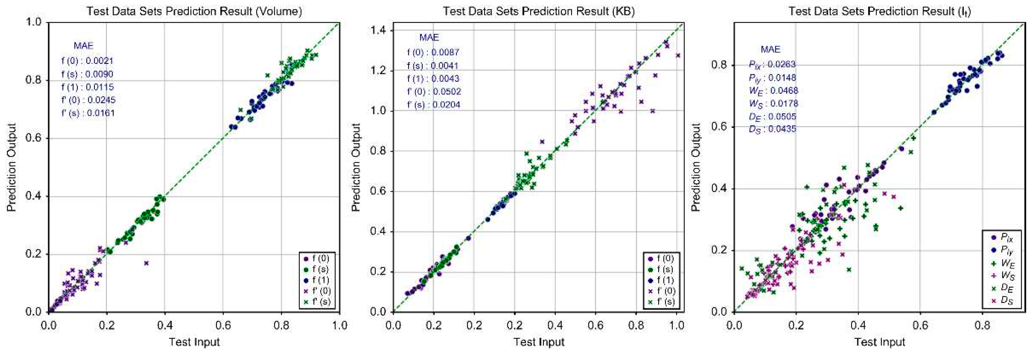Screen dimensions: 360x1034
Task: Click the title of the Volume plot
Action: point(194,11)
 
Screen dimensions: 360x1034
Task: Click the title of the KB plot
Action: point(539,11)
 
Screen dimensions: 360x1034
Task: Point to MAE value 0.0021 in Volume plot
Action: point(100,61)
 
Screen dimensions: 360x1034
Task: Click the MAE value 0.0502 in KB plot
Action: point(446,91)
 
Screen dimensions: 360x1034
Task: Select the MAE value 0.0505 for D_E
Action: point(783,116)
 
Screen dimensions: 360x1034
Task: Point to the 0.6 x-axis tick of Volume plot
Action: point(223,325)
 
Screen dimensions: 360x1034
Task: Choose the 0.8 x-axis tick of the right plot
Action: point(982,325)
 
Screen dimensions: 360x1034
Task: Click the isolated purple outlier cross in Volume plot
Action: point(147,263)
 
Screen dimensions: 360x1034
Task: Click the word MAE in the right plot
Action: point(770,49)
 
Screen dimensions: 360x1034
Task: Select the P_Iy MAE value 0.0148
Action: point(783,77)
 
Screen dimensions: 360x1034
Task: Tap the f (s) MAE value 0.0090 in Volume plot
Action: point(100,74)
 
